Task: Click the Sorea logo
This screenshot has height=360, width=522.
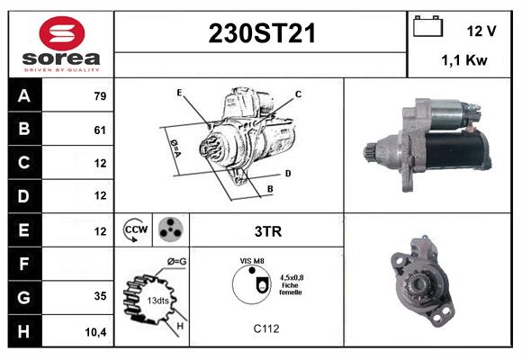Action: [x=61, y=43]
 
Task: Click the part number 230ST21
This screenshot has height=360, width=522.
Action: [x=262, y=34]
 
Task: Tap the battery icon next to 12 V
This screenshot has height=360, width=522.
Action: [x=427, y=28]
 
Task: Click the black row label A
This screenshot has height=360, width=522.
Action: [x=23, y=96]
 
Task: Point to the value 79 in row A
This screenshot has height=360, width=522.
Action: [x=99, y=96]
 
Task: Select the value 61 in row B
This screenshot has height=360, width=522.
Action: [x=99, y=130]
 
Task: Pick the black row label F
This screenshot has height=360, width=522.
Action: [x=23, y=264]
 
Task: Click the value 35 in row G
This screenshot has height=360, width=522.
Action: [x=99, y=296]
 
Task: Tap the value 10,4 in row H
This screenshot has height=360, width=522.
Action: [x=96, y=331]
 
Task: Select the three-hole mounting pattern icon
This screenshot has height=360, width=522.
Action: [x=169, y=230]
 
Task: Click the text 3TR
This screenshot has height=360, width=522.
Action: [x=268, y=231]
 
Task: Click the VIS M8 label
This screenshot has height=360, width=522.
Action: [x=252, y=260]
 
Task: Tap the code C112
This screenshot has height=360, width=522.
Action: [x=266, y=328]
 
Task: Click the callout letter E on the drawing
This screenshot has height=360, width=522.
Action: [x=180, y=93]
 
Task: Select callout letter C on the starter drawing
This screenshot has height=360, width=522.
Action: [x=298, y=94]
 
